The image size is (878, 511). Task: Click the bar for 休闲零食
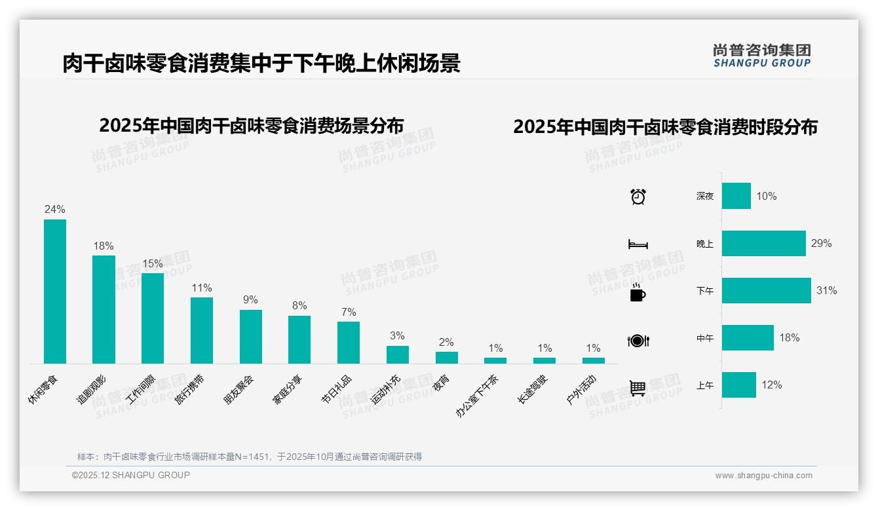(x=55, y=291)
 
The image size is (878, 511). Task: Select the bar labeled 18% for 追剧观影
(x=104, y=309)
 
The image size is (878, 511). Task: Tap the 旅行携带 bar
(x=202, y=330)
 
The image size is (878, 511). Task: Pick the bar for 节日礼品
(x=349, y=342)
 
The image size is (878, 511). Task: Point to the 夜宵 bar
(x=447, y=358)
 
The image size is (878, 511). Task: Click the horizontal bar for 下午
(x=766, y=290)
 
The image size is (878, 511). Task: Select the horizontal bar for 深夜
(x=736, y=196)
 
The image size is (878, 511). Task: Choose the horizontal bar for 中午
(x=748, y=337)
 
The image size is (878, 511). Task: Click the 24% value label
(x=55, y=209)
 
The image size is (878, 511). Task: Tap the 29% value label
(x=821, y=243)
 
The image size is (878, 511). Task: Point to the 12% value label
(x=771, y=385)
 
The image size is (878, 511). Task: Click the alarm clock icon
(x=638, y=196)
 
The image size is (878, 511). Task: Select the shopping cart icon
(x=638, y=388)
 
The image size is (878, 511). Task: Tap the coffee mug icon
(x=638, y=293)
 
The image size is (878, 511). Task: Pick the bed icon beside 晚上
(x=638, y=244)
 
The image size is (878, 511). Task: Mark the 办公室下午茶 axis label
(x=477, y=396)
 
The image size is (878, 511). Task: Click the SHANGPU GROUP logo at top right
(x=761, y=56)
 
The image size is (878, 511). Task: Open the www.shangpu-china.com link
(x=763, y=476)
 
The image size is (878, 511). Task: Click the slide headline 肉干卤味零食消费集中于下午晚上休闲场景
(x=261, y=63)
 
